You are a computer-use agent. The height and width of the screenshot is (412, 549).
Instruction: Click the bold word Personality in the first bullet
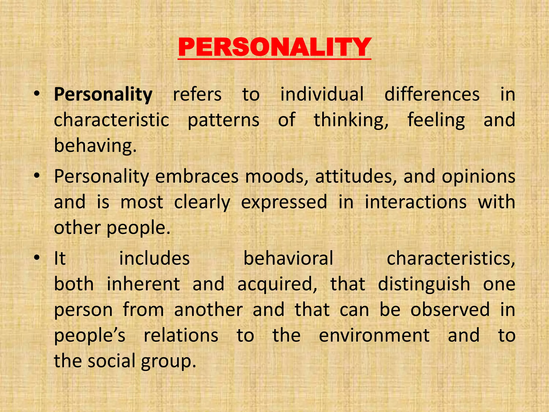(x=103, y=94)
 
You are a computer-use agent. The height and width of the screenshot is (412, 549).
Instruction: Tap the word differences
(x=432, y=94)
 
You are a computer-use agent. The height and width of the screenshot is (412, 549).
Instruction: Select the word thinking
(x=351, y=120)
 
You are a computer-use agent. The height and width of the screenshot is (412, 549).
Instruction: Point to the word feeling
(x=436, y=120)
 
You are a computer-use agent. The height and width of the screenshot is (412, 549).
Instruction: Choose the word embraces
(x=197, y=176)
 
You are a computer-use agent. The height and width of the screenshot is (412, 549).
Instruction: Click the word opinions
(x=478, y=176)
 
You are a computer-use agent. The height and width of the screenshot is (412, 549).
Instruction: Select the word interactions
(x=416, y=202)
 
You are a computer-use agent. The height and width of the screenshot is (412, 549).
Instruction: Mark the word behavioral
(x=288, y=258)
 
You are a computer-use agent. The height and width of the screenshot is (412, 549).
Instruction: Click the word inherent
(x=143, y=284)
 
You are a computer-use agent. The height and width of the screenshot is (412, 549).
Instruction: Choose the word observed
(x=450, y=310)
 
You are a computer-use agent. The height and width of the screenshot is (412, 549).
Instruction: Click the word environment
(x=374, y=335)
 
